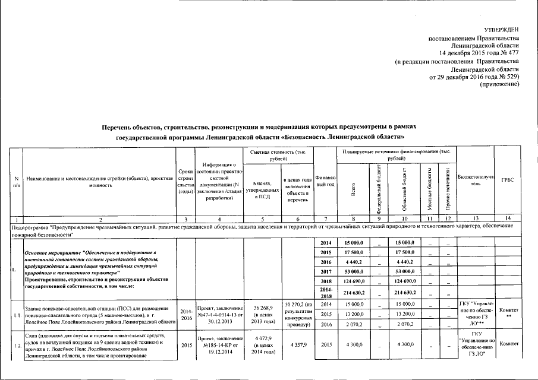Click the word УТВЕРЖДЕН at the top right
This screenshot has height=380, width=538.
pyautogui.click(x=501, y=29)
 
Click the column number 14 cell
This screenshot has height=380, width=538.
pyautogui.click(x=507, y=219)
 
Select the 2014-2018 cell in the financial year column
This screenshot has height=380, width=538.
pyautogui.click(x=325, y=293)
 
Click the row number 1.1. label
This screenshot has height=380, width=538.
pyautogui.click(x=16, y=314)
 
